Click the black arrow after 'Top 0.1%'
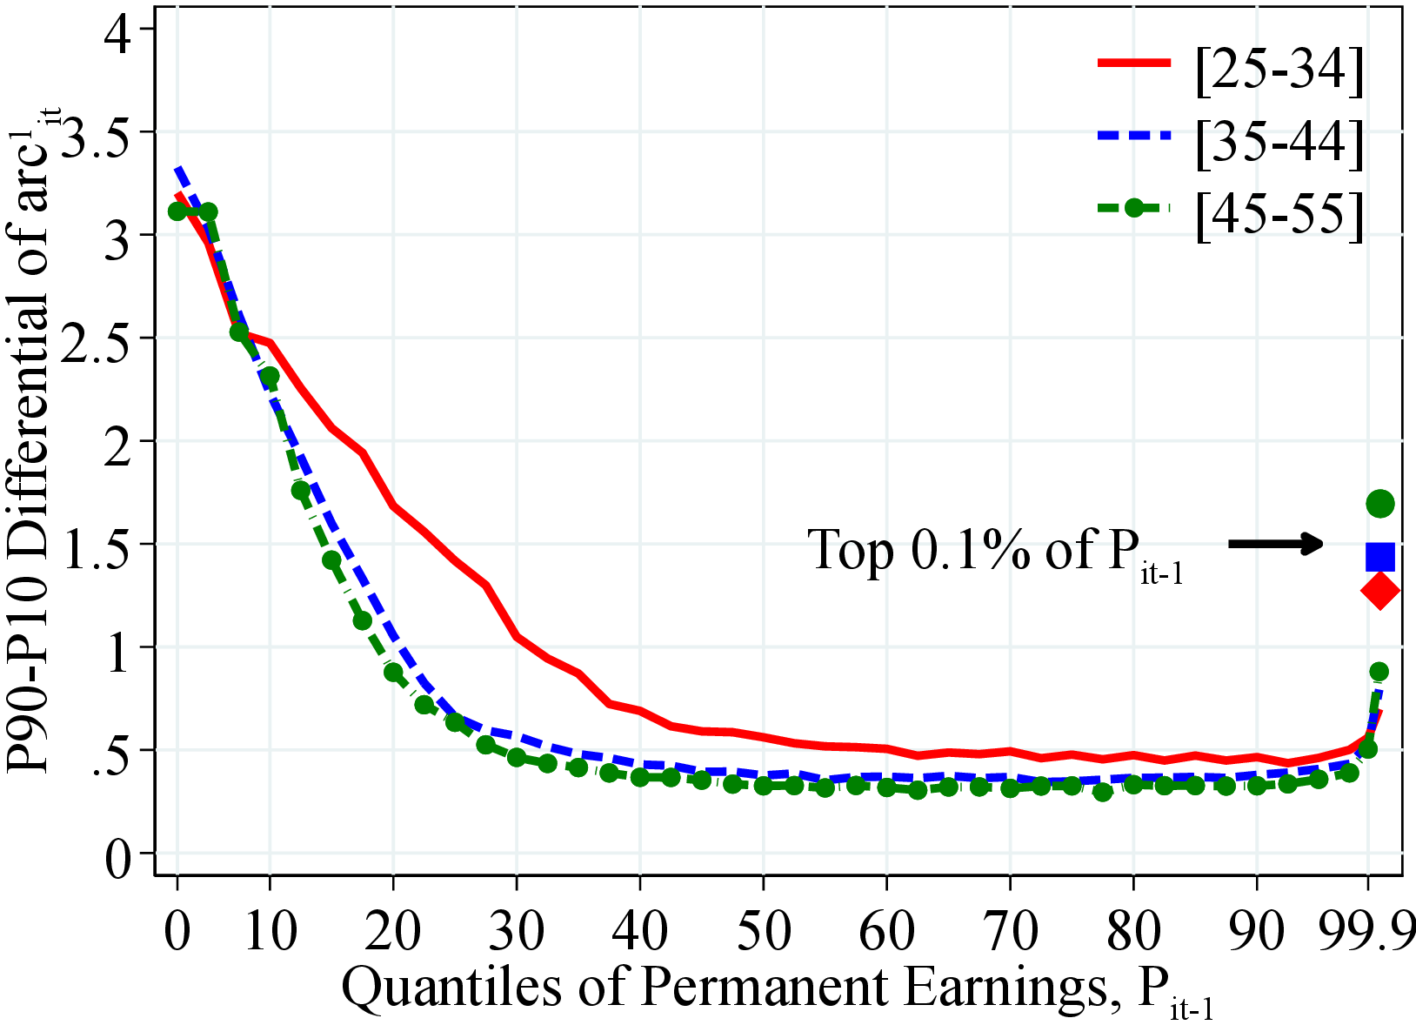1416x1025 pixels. [1275, 545]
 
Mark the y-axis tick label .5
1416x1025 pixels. [110, 750]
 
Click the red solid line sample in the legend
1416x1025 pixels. [1133, 64]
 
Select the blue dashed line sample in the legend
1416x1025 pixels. [1133, 136]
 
